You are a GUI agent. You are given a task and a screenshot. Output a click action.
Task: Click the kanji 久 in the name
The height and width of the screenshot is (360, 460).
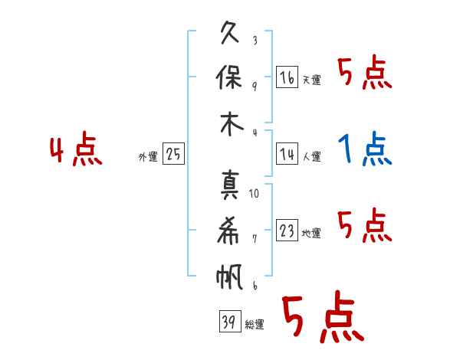click(x=230, y=32)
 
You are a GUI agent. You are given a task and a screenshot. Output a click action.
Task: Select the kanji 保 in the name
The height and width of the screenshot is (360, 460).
click(x=229, y=77)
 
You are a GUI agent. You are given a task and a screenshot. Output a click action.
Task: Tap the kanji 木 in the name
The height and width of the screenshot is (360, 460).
click(x=232, y=124)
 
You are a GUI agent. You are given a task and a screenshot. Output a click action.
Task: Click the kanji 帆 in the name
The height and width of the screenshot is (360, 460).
click(x=229, y=277)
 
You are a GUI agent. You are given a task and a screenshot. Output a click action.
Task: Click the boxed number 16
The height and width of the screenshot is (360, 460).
click(x=287, y=77)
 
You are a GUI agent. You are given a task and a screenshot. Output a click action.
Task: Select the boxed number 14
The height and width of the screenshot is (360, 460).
click(x=287, y=154)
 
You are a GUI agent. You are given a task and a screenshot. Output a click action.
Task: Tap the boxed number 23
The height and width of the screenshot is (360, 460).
click(x=287, y=230)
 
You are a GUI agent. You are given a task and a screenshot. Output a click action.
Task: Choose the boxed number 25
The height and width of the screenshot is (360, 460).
click(x=173, y=153)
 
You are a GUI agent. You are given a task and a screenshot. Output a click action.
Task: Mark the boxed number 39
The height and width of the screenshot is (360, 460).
click(x=230, y=321)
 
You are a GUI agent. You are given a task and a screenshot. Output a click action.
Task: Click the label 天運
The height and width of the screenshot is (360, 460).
click(x=312, y=80)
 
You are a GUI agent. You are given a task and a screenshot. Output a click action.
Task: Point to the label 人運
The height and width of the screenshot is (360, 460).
click(x=312, y=156)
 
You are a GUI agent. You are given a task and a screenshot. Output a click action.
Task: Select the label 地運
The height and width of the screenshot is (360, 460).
click(x=311, y=233)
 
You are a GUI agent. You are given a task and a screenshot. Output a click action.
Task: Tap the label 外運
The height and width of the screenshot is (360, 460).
click(x=148, y=157)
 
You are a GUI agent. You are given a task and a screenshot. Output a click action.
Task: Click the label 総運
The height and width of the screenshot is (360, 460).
click(x=255, y=324)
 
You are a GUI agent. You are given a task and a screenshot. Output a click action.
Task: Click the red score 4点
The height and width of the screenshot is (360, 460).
click(x=76, y=149)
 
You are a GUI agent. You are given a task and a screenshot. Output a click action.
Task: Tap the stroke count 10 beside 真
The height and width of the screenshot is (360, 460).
click(x=254, y=194)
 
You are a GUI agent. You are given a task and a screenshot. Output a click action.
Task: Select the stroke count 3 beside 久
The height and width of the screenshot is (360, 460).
click(x=255, y=40)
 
